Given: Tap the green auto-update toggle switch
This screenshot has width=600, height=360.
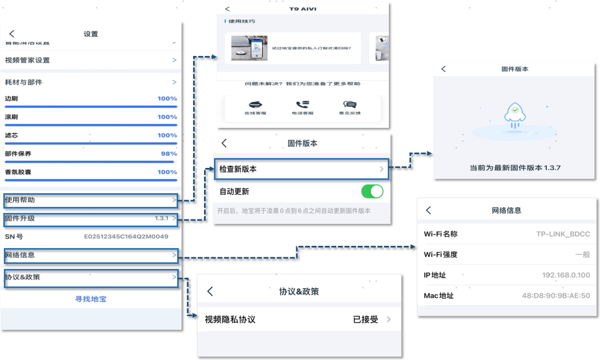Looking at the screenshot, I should click(372, 192).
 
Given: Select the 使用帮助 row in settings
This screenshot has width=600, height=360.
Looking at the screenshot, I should click(91, 200).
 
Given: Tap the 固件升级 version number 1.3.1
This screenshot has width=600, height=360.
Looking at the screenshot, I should click(161, 218).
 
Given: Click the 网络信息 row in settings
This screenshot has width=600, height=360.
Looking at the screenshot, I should click(91, 255).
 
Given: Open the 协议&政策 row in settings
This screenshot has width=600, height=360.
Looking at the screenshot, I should click(91, 277).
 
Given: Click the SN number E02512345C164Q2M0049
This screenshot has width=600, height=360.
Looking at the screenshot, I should click(126, 237).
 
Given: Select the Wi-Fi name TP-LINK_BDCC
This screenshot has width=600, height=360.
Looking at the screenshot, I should click(563, 234).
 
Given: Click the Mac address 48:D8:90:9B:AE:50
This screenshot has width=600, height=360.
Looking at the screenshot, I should click(556, 296).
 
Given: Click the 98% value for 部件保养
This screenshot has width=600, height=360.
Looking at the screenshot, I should click(168, 154).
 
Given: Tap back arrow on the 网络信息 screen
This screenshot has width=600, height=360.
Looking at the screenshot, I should click(429, 210).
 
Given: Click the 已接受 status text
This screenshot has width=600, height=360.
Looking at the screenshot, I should click(365, 319).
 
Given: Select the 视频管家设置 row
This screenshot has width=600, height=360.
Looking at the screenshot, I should click(91, 60).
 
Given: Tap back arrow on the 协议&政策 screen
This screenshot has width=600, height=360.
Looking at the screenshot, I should click(210, 291).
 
